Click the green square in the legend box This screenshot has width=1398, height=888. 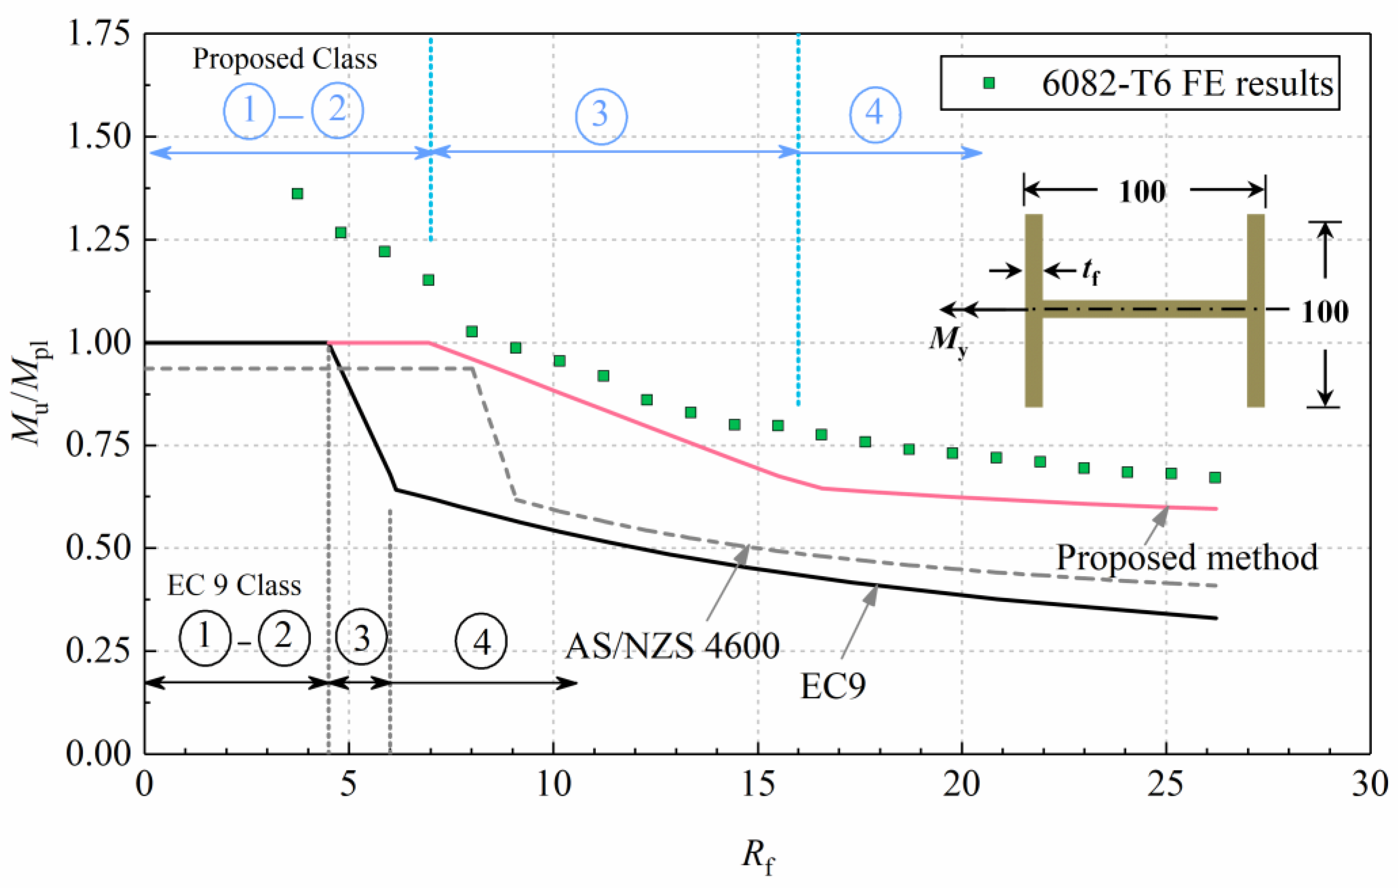(988, 83)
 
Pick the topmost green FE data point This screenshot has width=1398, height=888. (297, 193)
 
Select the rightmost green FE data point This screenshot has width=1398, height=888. (1214, 477)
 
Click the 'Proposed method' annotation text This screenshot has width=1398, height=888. (1186, 558)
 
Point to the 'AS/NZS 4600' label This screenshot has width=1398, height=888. (672, 646)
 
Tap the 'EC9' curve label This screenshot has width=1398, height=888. (833, 686)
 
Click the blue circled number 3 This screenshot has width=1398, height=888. (600, 114)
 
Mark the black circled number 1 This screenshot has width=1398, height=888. (204, 637)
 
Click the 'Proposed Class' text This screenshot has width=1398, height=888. (284, 59)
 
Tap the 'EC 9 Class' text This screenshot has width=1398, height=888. (234, 586)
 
